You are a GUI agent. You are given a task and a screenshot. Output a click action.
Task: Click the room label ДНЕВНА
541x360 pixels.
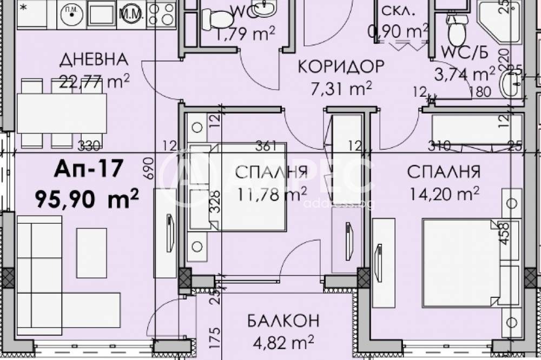[94, 59]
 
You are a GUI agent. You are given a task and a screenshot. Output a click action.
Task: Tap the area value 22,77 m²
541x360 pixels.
[96, 82]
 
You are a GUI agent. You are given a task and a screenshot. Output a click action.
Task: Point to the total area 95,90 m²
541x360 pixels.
[87, 198]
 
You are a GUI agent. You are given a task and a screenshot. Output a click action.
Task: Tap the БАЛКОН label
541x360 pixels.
[283, 321]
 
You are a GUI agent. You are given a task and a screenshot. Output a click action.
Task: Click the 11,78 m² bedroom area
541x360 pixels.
[272, 194]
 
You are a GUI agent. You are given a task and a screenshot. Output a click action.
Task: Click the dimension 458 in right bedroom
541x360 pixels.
[505, 234]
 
